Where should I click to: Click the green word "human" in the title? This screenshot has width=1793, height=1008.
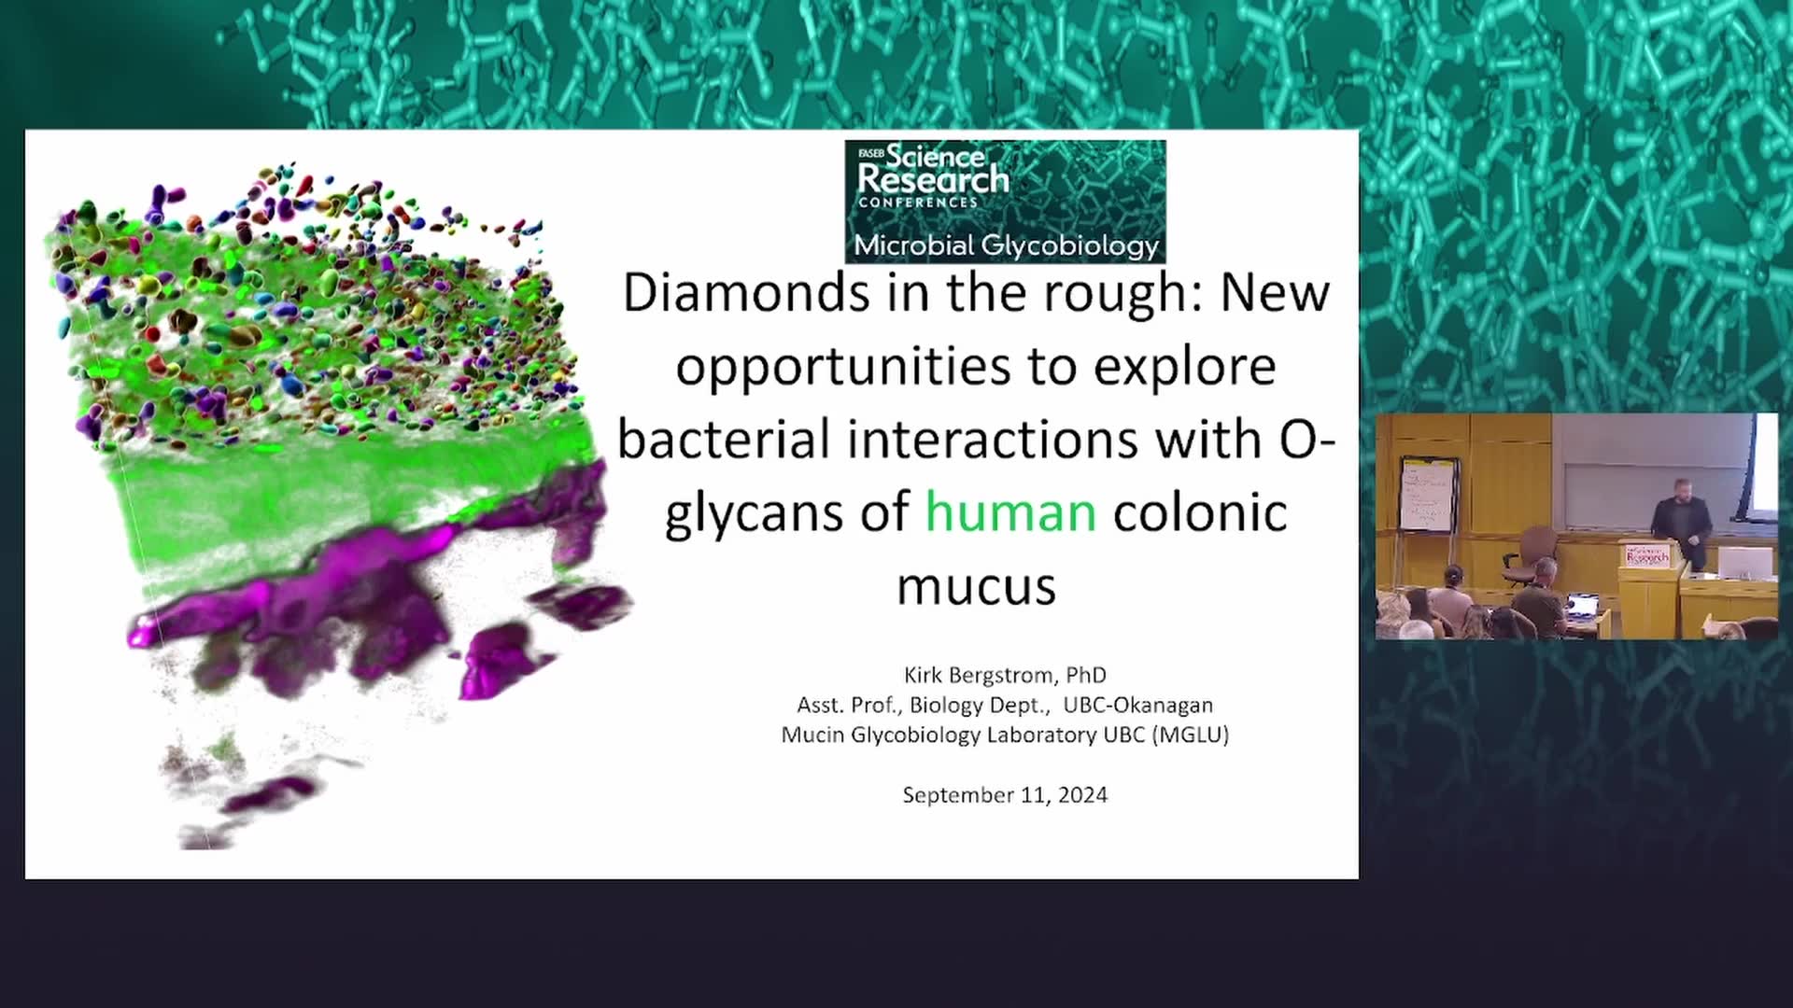pyautogui.click(x=1010, y=512)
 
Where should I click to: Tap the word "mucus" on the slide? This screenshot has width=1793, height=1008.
pyautogui.click(x=976, y=586)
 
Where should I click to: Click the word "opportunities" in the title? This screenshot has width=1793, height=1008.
pyautogui.click(x=843, y=368)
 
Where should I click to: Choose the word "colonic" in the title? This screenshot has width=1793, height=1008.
pyautogui.click(x=1200, y=512)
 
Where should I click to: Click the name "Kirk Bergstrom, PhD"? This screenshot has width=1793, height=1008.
pyautogui.click(x=1005, y=675)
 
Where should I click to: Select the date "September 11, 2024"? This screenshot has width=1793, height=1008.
pyautogui.click(x=1005, y=795)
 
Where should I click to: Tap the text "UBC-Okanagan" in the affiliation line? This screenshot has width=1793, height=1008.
pyautogui.click(x=1138, y=705)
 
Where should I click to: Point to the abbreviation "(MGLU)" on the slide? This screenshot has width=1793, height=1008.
pyautogui.click(x=1191, y=735)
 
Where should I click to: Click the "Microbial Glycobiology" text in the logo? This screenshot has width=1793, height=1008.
pyautogui.click(x=1006, y=245)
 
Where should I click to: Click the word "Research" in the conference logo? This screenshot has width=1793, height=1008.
pyautogui.click(x=934, y=179)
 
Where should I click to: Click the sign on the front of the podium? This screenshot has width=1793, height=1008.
pyautogui.click(x=1647, y=556)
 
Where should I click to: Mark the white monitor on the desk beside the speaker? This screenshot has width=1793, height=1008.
pyautogui.click(x=1744, y=563)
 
